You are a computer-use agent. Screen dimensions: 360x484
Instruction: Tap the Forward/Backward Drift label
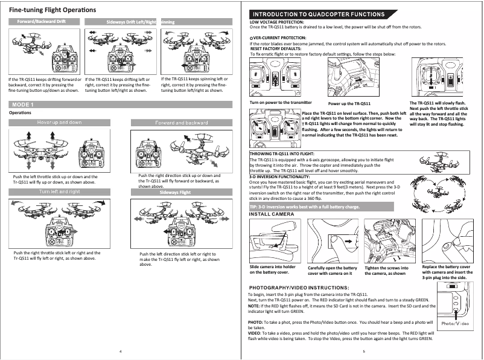(x=42, y=22)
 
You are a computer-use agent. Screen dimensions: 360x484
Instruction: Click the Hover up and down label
(x=59, y=123)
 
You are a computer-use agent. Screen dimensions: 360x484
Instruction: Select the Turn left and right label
(x=59, y=191)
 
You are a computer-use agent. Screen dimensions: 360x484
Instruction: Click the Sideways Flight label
(x=175, y=193)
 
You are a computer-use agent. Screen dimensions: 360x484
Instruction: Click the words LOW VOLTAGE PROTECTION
(x=277, y=22)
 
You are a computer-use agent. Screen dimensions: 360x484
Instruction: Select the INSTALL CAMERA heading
(x=272, y=214)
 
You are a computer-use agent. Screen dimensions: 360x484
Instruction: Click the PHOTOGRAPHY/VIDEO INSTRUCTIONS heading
(x=296, y=288)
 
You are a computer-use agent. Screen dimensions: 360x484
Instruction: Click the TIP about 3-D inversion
(x=305, y=207)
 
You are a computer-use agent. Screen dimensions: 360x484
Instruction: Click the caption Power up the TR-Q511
(x=353, y=104)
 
